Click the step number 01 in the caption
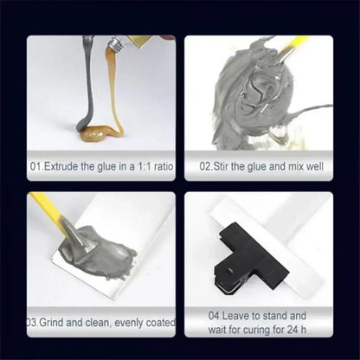pyautogui.click(x=35, y=164)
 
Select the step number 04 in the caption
pyautogui.click(x=216, y=316)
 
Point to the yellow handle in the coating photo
pyautogui.click(x=46, y=210)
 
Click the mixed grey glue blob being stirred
pyautogui.click(x=251, y=95)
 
